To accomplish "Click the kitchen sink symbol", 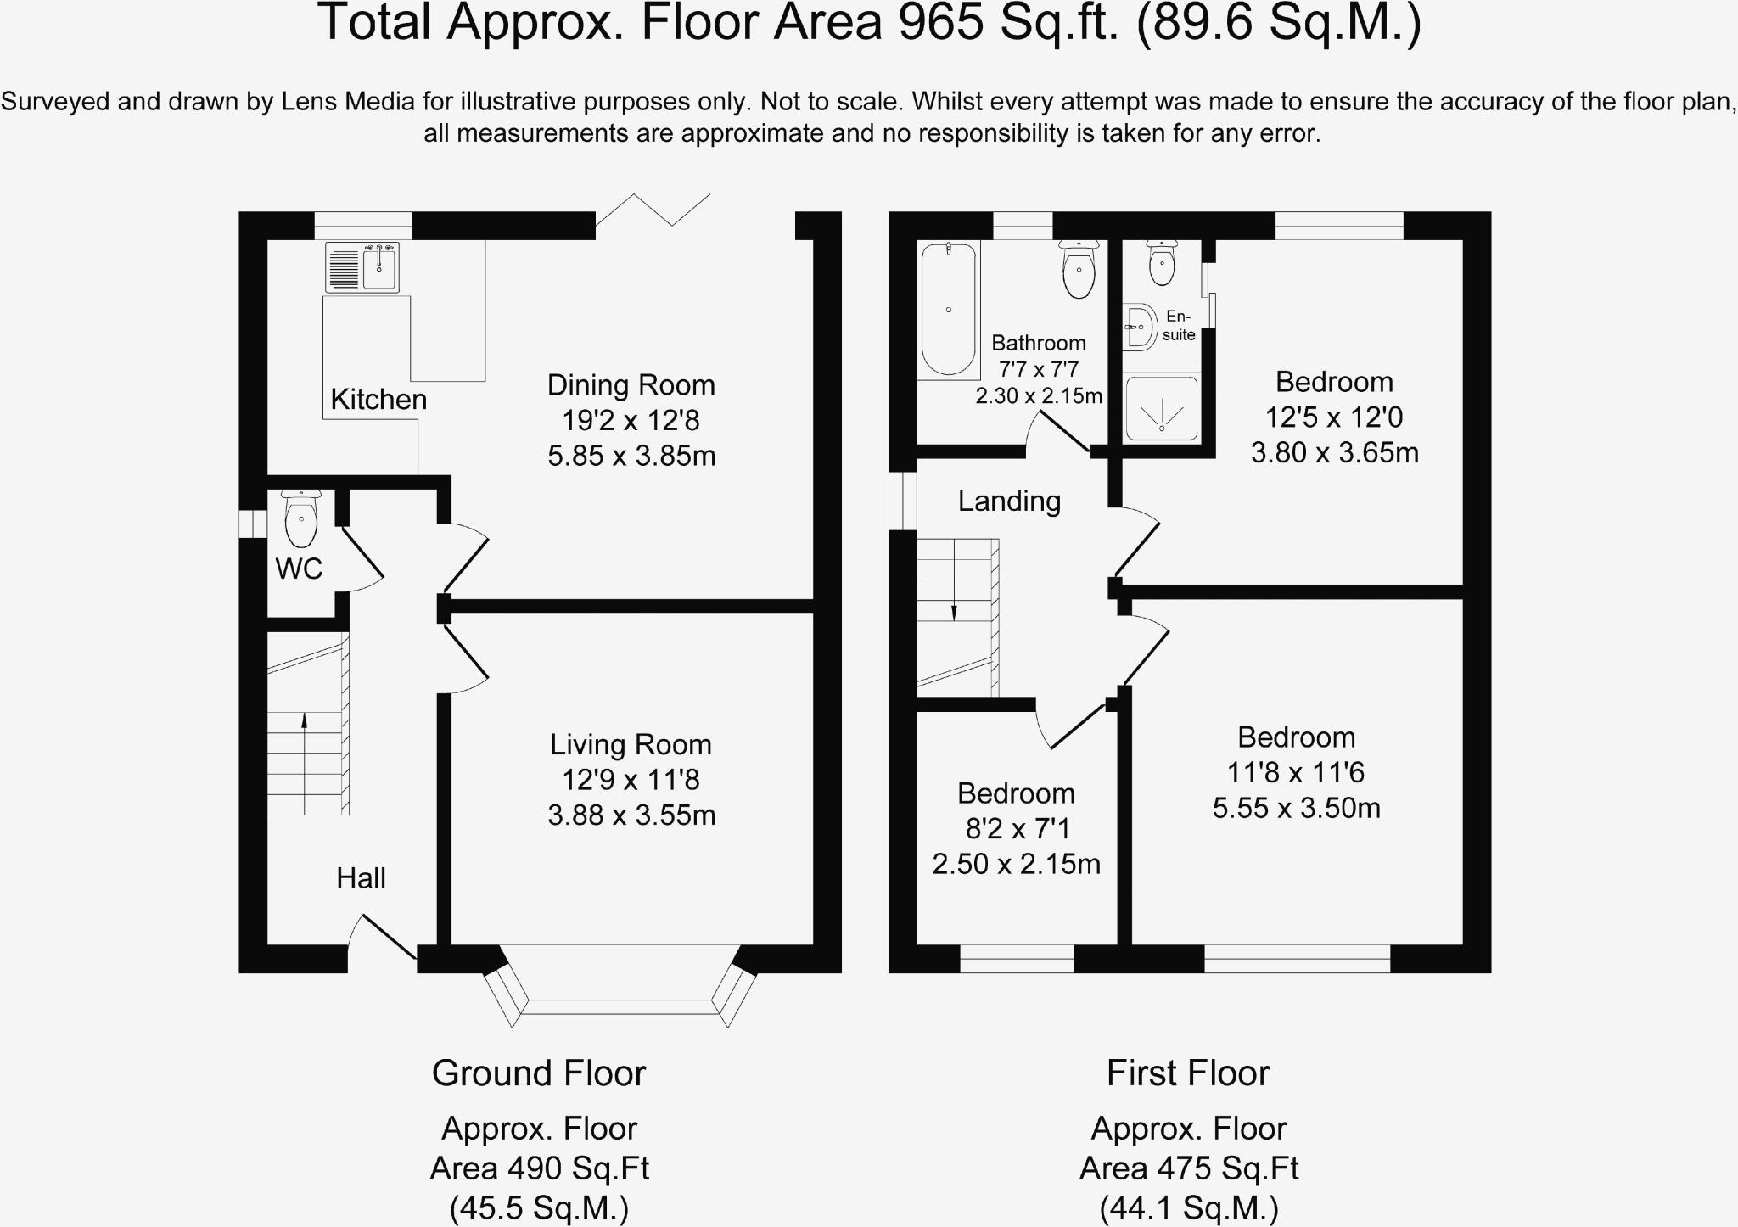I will [362, 266].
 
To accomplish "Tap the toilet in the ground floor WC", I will [301, 519].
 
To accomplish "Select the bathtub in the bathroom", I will [949, 310].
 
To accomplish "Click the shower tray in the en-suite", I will [1161, 408].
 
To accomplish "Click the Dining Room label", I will [631, 385].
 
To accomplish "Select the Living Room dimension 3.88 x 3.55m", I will [631, 815].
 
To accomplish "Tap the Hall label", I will [361, 878].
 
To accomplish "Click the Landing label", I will [1009, 501].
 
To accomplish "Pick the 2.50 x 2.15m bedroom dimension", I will [1016, 864].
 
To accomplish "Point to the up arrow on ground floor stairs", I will [304, 721].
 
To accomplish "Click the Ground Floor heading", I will [539, 1073].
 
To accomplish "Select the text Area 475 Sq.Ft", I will [1188, 1168].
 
